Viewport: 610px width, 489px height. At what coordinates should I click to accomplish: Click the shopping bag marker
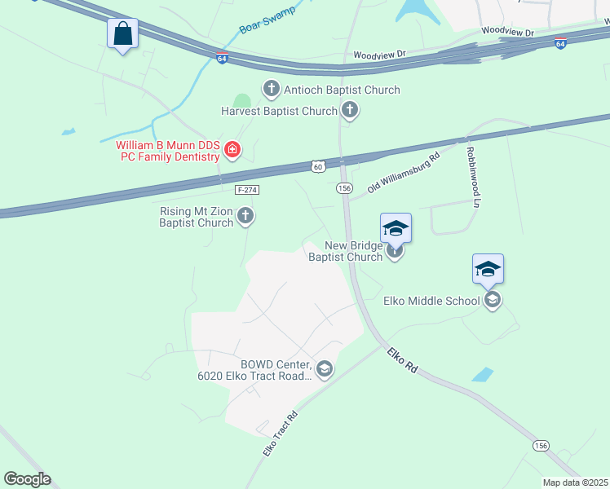(x=122, y=34)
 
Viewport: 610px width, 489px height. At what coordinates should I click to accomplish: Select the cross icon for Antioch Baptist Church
(x=271, y=89)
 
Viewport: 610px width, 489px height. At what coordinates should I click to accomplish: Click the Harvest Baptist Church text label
(x=279, y=111)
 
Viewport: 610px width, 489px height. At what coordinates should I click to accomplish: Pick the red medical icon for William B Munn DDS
(x=232, y=149)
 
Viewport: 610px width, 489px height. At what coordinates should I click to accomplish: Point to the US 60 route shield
(x=318, y=166)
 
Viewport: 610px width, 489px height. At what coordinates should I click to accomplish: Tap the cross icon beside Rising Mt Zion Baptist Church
(x=245, y=216)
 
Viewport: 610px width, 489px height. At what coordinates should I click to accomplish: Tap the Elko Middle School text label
(x=431, y=301)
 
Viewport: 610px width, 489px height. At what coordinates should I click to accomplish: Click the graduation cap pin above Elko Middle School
(x=488, y=270)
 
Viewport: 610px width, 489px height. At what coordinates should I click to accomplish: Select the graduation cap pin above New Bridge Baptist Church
(x=396, y=229)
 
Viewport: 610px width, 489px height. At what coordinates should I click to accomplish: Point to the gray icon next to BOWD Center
(x=325, y=370)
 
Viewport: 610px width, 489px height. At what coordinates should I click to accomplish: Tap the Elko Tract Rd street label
(x=280, y=433)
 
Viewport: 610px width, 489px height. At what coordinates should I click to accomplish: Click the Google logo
(x=27, y=479)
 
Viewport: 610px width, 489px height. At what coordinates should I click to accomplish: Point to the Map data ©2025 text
(x=576, y=482)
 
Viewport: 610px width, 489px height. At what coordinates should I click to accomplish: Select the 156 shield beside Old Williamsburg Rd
(x=345, y=188)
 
